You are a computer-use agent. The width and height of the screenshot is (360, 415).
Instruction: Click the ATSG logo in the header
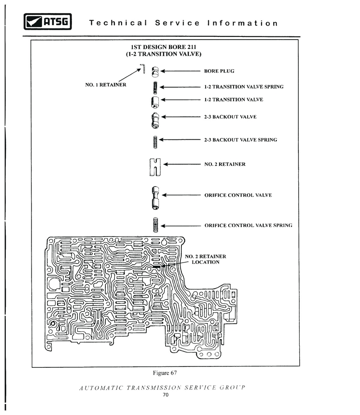[x=48, y=22]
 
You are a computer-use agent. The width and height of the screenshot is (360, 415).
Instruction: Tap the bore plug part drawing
[x=155, y=72]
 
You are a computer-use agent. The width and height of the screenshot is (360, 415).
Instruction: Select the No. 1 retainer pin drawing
[x=143, y=68]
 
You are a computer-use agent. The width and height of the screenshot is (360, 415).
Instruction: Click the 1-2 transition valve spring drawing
[x=155, y=88]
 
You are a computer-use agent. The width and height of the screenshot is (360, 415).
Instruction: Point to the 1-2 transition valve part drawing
[x=155, y=102]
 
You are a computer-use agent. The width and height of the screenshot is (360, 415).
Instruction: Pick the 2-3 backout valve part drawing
[x=155, y=120]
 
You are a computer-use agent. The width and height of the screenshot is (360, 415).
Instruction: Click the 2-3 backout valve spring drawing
[x=155, y=142]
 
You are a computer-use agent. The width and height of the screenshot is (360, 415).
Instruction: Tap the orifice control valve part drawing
[x=156, y=198]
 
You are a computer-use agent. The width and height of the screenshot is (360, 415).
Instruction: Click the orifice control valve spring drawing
[x=156, y=225]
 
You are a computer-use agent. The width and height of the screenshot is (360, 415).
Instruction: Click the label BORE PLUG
[x=219, y=71]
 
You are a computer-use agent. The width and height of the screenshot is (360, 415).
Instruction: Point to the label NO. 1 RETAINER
[x=106, y=85]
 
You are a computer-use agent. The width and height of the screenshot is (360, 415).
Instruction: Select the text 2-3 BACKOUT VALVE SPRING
[x=241, y=140]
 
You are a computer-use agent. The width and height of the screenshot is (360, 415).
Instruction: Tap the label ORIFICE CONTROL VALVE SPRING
[x=248, y=226]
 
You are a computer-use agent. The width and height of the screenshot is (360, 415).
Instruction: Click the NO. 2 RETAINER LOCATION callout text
[x=206, y=259]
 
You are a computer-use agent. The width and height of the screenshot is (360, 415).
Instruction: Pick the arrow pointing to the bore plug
[x=180, y=71]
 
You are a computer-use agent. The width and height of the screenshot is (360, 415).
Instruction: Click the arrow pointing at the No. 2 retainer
[x=182, y=164]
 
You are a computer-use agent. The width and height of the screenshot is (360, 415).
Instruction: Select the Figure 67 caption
[x=165, y=373]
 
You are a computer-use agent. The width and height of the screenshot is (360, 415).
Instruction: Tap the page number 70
[x=166, y=395]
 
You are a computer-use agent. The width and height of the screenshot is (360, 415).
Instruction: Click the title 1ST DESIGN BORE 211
[x=163, y=47]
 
